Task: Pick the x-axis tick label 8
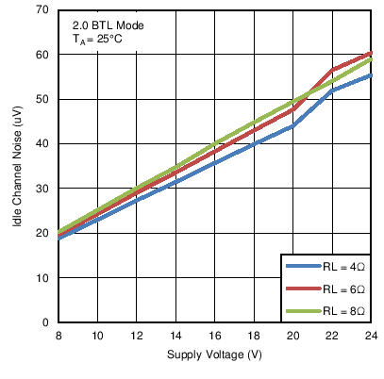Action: pyautogui.click(x=58, y=335)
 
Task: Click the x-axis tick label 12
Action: pyautogui.click(x=137, y=335)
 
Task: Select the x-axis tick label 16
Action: pyautogui.click(x=215, y=335)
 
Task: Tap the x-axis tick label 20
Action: pyautogui.click(x=293, y=335)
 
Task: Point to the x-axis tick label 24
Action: pyautogui.click(x=372, y=335)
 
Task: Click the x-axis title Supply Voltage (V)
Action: pyautogui.click(x=215, y=354)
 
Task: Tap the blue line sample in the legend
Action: pyautogui.click(x=302, y=268)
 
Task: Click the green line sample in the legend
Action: pyautogui.click(x=302, y=309)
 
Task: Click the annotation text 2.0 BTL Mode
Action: pyautogui.click(x=109, y=25)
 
